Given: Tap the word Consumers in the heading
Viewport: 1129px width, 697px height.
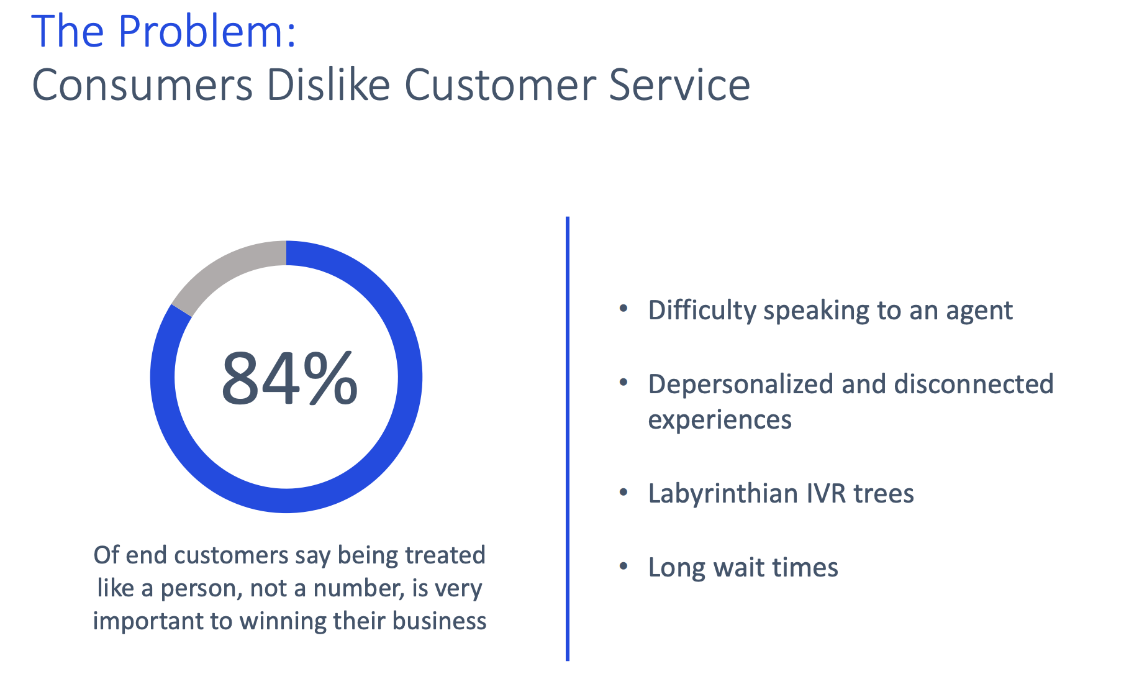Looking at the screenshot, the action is point(142,84).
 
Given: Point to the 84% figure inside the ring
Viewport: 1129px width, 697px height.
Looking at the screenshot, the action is point(289,378).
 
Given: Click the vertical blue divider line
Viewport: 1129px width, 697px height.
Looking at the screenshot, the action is point(568,439).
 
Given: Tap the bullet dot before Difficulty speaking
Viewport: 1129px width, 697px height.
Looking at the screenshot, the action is point(624,309).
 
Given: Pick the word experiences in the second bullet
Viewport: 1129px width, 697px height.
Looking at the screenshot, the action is point(720,421).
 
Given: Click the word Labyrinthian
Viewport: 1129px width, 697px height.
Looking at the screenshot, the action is point(722,494).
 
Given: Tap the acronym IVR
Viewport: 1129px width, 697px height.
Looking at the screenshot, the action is point(826,493).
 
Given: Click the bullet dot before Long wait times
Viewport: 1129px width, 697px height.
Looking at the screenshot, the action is point(624,566).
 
